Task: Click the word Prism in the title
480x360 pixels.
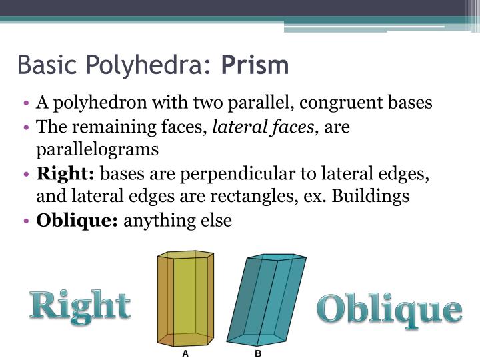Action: pyautogui.click(x=255, y=65)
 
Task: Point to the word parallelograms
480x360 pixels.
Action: pyautogui.click(x=97, y=149)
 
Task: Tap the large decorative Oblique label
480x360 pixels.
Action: pyautogui.click(x=389, y=310)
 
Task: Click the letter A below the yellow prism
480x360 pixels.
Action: pyautogui.click(x=186, y=353)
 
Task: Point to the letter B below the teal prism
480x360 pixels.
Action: pyautogui.click(x=258, y=353)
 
